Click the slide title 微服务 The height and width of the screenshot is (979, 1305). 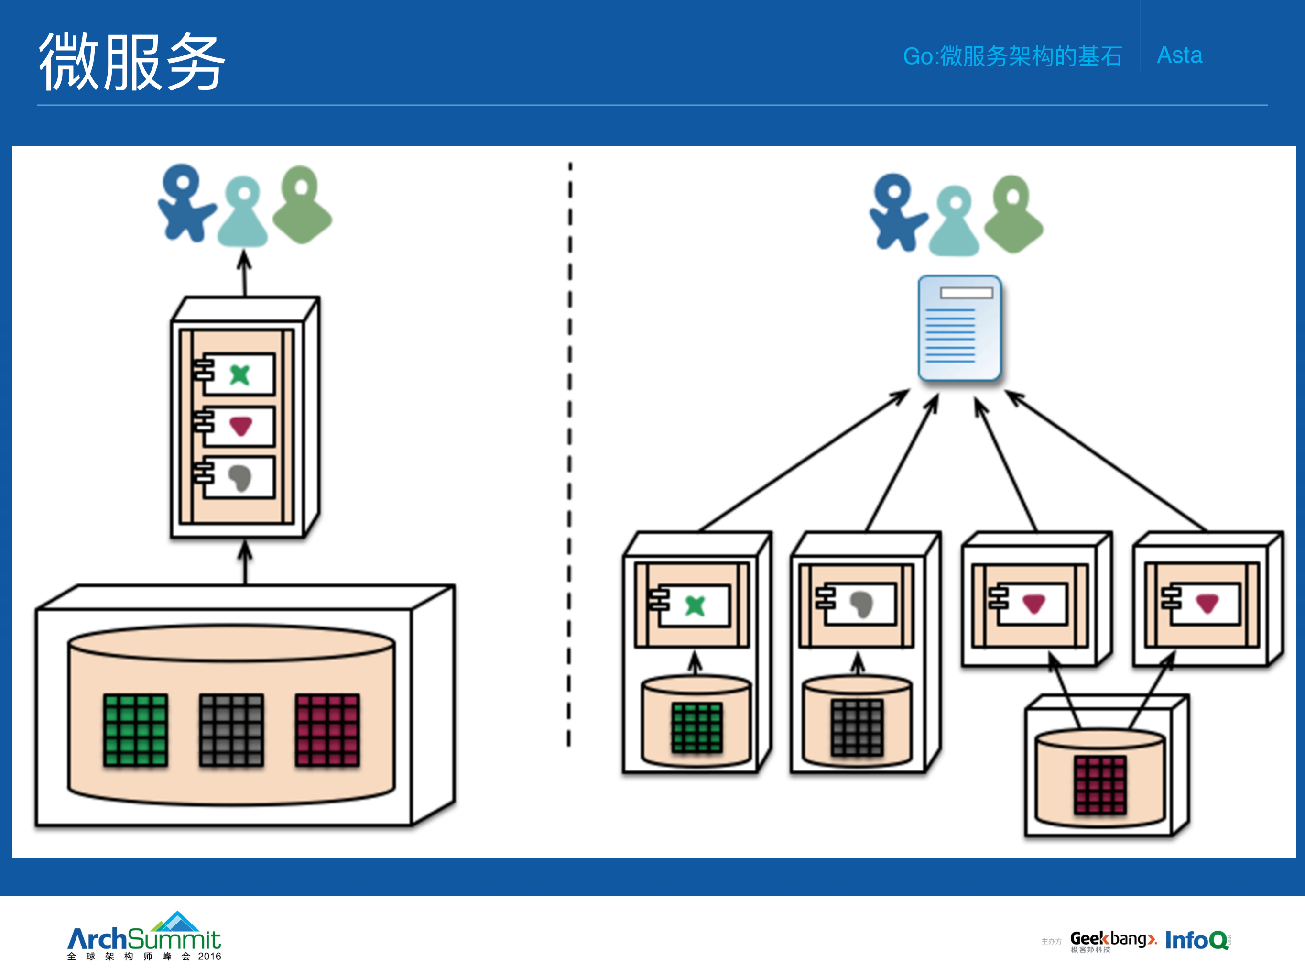(131, 62)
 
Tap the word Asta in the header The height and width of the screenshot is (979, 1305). (1179, 55)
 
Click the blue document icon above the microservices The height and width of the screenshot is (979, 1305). (959, 328)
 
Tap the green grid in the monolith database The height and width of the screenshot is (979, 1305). (135, 730)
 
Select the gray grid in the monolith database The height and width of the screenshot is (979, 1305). (231, 730)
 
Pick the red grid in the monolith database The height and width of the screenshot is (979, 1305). (327, 730)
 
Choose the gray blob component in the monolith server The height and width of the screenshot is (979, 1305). (239, 477)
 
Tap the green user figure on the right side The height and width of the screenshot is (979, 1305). (1013, 214)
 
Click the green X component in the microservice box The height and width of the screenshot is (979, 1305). (695, 605)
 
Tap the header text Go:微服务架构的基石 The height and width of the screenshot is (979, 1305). (1012, 56)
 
